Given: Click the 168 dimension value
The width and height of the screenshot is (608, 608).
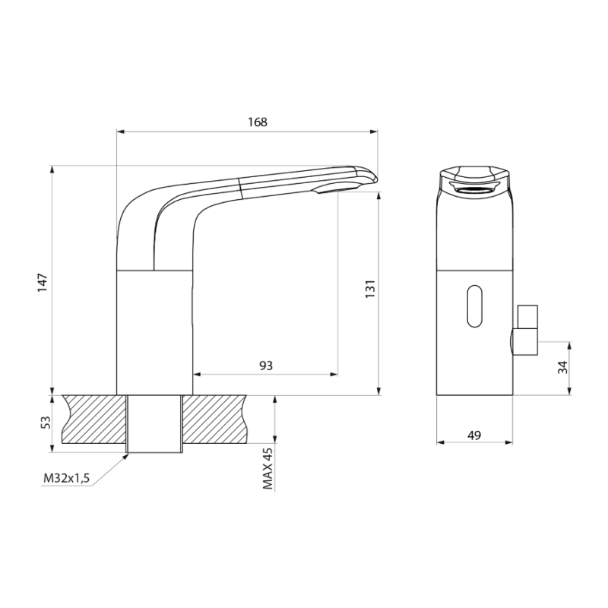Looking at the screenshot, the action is coord(258,122).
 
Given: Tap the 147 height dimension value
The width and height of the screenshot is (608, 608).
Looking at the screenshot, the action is coord(43,283).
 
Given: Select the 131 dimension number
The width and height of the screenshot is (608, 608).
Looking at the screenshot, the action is coord(370,289).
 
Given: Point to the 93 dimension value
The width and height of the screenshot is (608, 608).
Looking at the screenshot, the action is coord(266,366).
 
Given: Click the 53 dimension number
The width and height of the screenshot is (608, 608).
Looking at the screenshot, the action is coord(46,423).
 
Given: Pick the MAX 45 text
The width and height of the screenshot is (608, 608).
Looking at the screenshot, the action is coord(268,468).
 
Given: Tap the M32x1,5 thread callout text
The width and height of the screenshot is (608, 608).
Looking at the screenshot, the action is coord(66,479).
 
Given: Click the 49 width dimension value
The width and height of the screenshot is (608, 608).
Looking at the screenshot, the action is coord(473,435).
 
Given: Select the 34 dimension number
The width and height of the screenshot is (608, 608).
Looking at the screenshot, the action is coord(562,367).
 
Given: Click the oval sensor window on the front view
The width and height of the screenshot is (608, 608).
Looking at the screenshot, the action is coord(476,306).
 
